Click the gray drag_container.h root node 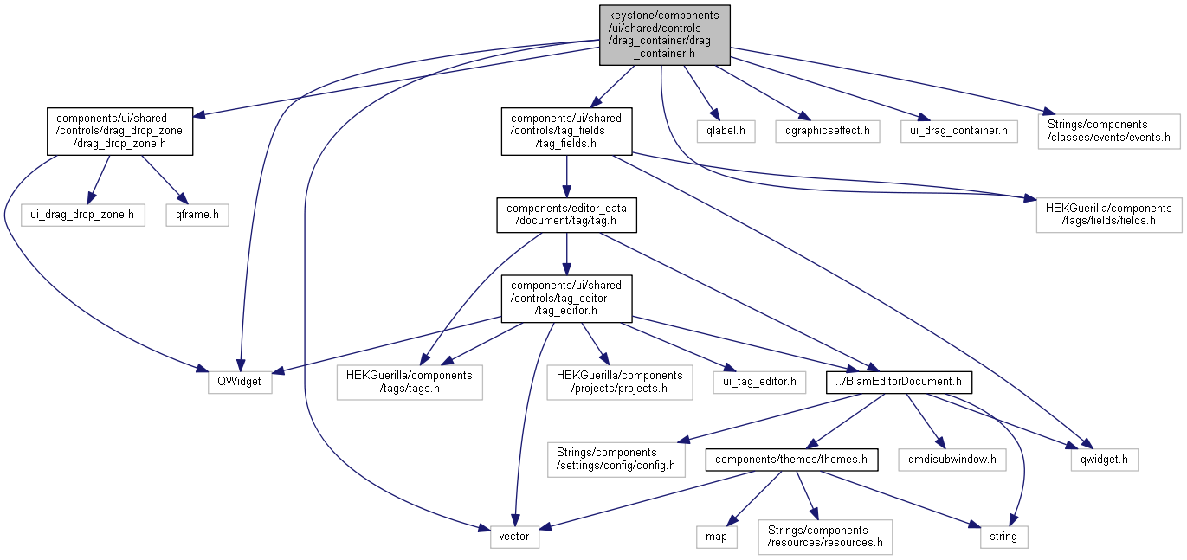664,35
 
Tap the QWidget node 240,382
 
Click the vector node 515,537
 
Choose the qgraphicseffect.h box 828,132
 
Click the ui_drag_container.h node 959,132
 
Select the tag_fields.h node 567,132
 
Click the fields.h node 1108,215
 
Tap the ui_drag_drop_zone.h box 83,215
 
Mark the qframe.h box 197,215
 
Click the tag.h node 566,215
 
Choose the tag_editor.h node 566,299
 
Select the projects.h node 619,382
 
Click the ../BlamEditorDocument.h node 900,382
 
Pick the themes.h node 791,460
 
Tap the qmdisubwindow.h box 952,460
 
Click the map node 717,537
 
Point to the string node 1004,537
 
